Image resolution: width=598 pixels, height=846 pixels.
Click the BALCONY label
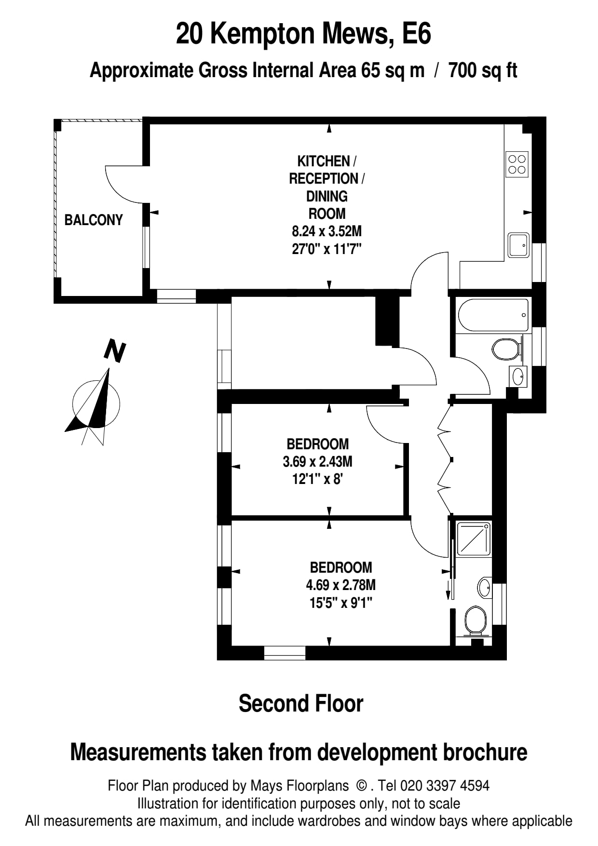click(94, 220)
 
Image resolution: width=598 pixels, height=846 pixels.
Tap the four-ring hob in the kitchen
click(517, 164)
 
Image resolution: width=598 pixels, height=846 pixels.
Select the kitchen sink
click(518, 245)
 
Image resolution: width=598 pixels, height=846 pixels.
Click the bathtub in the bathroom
click(493, 315)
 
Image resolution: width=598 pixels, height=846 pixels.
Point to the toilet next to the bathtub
click(506, 349)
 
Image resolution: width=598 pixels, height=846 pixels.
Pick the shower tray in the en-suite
click(473, 538)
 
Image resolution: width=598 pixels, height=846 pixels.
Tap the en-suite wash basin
click(484, 588)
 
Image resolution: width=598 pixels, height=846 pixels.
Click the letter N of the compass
click(115, 351)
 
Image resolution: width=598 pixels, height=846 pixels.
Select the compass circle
click(96, 404)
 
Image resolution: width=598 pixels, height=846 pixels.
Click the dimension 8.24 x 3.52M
click(326, 231)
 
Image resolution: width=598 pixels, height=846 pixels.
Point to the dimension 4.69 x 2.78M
click(340, 585)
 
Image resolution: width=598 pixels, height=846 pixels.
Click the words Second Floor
click(300, 703)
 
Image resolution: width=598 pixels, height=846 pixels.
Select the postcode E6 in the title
click(416, 34)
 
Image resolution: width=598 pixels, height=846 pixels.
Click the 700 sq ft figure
click(482, 71)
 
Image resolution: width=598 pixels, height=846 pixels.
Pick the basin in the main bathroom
click(518, 376)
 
